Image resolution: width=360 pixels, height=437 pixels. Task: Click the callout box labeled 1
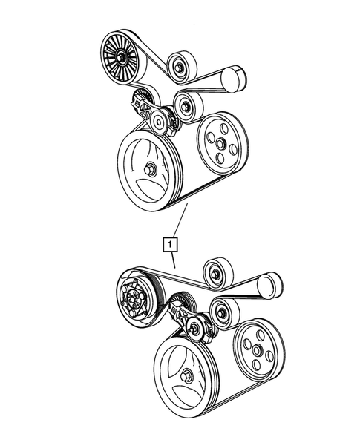pos(171,243)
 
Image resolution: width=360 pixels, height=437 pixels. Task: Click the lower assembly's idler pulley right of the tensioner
pos(223,312)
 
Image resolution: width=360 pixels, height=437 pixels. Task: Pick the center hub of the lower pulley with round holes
pos(255,350)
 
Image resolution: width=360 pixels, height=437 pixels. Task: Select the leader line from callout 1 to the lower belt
pos(173,259)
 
